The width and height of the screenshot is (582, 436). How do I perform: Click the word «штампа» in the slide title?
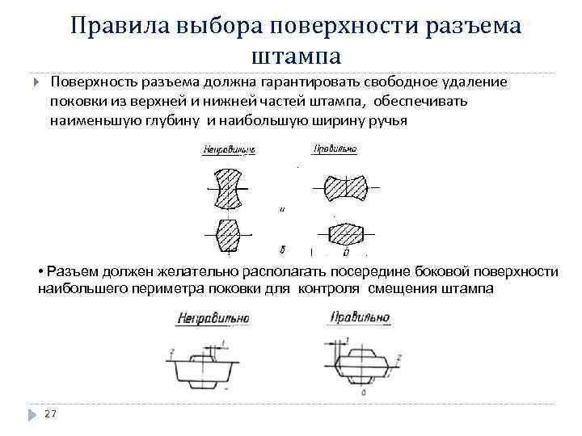coord(297,57)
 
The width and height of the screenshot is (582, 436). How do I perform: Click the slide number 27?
coord(50,413)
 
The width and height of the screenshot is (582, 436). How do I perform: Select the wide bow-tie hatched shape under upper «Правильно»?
coord(344,189)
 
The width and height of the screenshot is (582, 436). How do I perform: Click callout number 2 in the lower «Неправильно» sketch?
coord(172,351)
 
